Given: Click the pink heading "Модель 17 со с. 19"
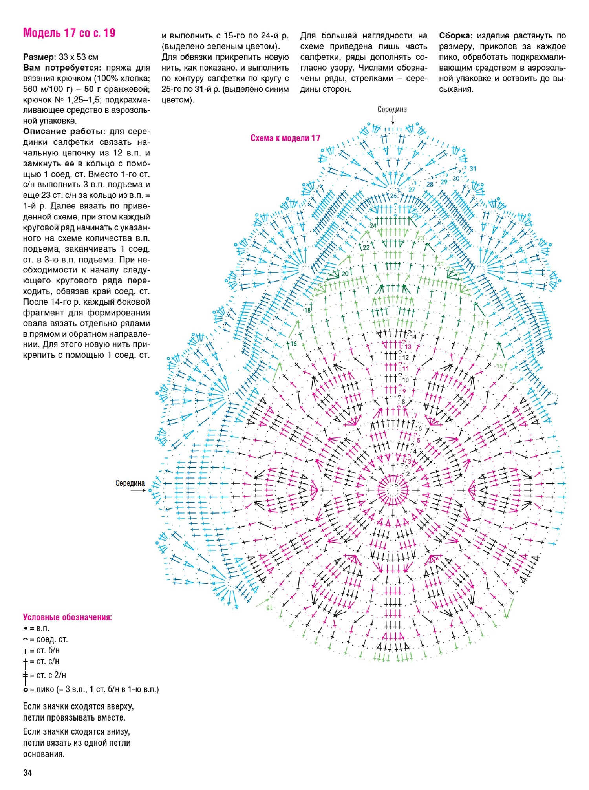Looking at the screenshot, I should [x=69, y=33].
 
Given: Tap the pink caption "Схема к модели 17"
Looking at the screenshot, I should [x=285, y=138].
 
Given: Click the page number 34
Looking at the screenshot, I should [x=27, y=772].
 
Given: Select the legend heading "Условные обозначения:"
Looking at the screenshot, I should [x=67, y=617].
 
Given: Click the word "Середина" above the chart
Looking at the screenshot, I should [x=392, y=109].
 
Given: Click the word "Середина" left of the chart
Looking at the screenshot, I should [x=130, y=483].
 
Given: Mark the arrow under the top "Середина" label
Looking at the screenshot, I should [x=393, y=120].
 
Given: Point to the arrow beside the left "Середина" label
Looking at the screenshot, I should [x=139, y=490].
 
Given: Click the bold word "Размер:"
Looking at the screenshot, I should [x=40, y=57].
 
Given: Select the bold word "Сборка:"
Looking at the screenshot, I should [x=455, y=36].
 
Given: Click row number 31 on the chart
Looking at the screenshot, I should [x=473, y=169].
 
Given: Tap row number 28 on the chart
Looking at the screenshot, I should [x=430, y=184].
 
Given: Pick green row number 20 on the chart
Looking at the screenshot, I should [x=345, y=273].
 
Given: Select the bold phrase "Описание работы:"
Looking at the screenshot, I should [x=64, y=132].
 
